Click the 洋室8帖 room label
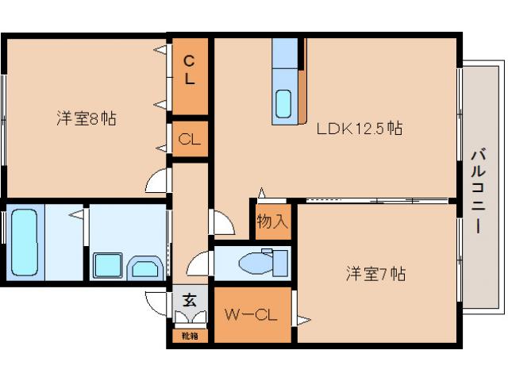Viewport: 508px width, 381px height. point(87,119)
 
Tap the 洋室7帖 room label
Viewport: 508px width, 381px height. point(375,275)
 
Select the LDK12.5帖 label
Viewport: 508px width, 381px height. point(360,128)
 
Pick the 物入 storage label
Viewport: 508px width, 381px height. point(272,221)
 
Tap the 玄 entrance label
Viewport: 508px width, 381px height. point(190,300)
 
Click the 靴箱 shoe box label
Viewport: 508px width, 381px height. point(190,336)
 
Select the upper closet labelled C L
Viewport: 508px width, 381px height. point(190,69)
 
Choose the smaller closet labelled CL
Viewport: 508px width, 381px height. point(190,140)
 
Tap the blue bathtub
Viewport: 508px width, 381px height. point(23,242)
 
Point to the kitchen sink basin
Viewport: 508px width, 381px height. point(284,103)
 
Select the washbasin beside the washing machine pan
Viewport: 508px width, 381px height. point(144,267)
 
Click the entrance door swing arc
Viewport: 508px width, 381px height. point(156,302)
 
